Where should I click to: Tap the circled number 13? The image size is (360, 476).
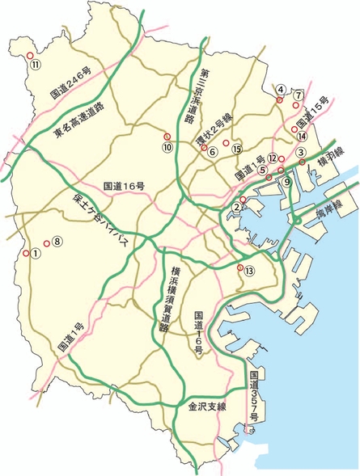(250, 270)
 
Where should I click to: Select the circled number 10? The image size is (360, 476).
(167, 147)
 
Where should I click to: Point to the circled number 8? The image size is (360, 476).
(57, 241)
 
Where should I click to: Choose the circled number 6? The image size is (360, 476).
(212, 151)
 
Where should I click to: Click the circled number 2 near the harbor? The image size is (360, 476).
(236, 208)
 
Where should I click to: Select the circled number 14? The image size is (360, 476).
(302, 136)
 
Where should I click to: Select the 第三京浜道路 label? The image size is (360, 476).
(196, 98)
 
